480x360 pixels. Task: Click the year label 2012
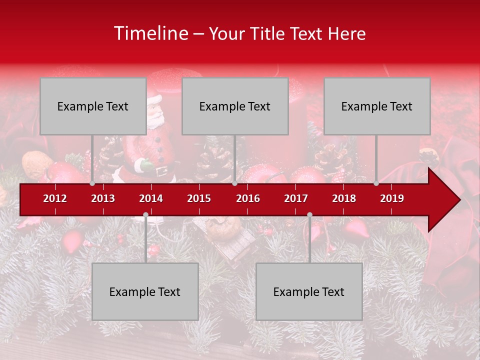pos(55,198)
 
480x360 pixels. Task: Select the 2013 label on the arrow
pos(103,198)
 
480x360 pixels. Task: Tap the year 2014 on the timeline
pos(151,198)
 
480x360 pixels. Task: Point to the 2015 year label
pos(199,198)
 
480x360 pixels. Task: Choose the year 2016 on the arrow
pos(248,198)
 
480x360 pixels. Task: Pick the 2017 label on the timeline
pos(296,198)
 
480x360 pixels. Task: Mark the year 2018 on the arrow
pos(344,198)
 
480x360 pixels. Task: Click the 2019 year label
pos(392,198)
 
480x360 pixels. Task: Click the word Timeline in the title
pos(150,33)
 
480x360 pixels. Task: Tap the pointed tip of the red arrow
pos(458,200)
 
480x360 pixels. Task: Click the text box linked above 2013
pos(93,106)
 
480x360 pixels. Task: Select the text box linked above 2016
pos(235,106)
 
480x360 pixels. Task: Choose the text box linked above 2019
pos(377,106)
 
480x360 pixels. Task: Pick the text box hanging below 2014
pos(145,291)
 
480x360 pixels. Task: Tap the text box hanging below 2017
pos(309,291)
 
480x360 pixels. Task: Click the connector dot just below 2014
pos(145,214)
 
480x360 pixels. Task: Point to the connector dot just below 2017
pos(309,214)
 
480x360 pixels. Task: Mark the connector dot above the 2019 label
pos(376,183)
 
